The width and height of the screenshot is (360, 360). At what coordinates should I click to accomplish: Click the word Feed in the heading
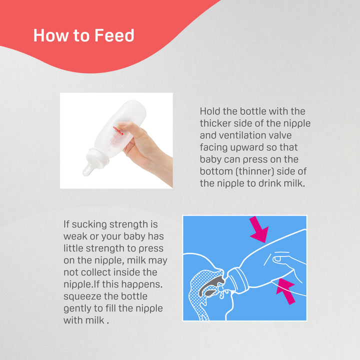[x=114, y=35]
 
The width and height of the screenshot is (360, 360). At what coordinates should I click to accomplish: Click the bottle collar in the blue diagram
[x=237, y=281]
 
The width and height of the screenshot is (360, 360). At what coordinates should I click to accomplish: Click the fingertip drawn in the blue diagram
[x=277, y=259]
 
